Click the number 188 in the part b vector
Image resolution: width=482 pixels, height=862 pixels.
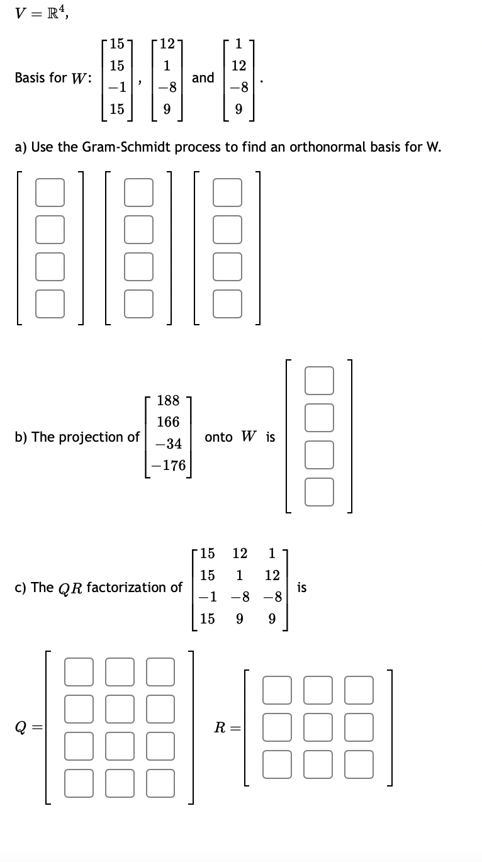tap(168, 400)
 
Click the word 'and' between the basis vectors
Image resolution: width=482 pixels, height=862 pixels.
tap(203, 77)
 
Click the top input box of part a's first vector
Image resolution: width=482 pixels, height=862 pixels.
tap(50, 193)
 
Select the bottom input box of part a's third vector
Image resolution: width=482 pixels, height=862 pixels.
tap(227, 304)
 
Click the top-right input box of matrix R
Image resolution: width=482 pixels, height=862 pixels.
tap(359, 689)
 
